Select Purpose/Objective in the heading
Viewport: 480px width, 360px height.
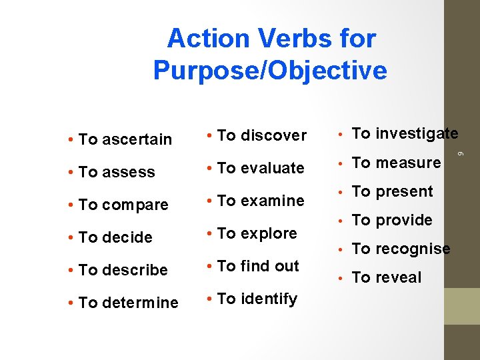point(270,70)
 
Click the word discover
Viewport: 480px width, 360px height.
point(273,136)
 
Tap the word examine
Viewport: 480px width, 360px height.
point(272,201)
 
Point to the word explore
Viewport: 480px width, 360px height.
point(269,234)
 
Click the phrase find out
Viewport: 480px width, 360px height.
point(270,267)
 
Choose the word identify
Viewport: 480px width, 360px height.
point(269,299)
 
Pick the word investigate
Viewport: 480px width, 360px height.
point(417,134)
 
